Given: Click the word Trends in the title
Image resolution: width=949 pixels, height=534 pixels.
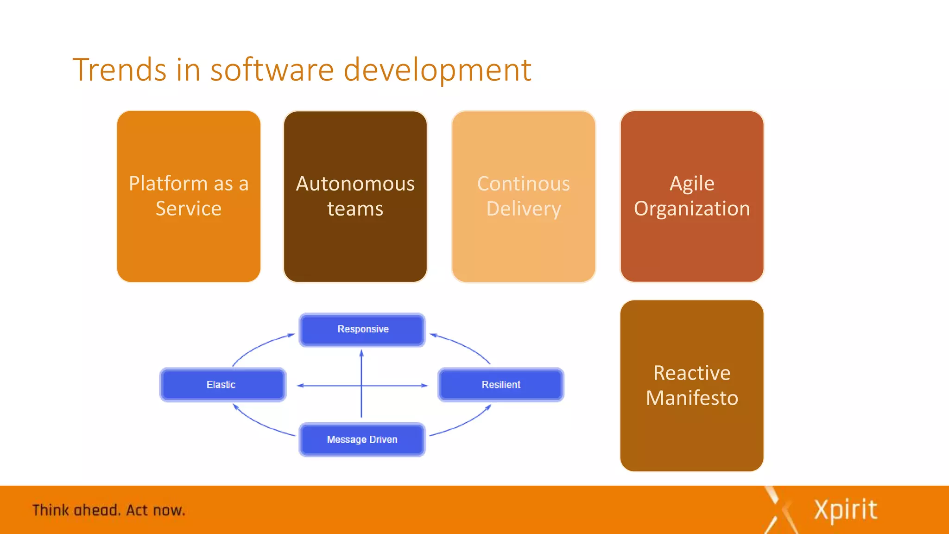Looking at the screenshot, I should (119, 70).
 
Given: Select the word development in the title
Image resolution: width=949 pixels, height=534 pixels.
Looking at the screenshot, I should (437, 70).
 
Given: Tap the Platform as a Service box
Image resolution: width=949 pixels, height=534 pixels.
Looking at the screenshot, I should (189, 196).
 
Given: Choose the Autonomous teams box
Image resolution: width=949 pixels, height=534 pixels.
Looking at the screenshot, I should (355, 196).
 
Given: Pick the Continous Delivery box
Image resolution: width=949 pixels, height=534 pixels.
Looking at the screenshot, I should (523, 196).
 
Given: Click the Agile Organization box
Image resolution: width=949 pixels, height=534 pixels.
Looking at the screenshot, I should (692, 196).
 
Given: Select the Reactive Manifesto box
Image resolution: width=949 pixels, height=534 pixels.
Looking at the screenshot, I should (692, 385).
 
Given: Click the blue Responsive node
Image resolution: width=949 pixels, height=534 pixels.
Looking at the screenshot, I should (362, 330).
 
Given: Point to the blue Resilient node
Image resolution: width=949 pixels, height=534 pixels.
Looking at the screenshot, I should (501, 385).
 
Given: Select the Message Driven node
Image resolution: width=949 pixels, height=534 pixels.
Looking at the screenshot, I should (362, 439).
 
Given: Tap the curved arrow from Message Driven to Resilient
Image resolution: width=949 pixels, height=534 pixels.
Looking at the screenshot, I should (465, 424).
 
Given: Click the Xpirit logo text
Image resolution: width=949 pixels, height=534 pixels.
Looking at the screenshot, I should (845, 510).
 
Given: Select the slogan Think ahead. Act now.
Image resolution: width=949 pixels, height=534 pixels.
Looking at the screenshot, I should (108, 510).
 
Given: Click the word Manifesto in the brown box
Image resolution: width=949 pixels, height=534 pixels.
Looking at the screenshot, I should (692, 398).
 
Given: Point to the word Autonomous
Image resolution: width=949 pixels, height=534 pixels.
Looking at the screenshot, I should (355, 184).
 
